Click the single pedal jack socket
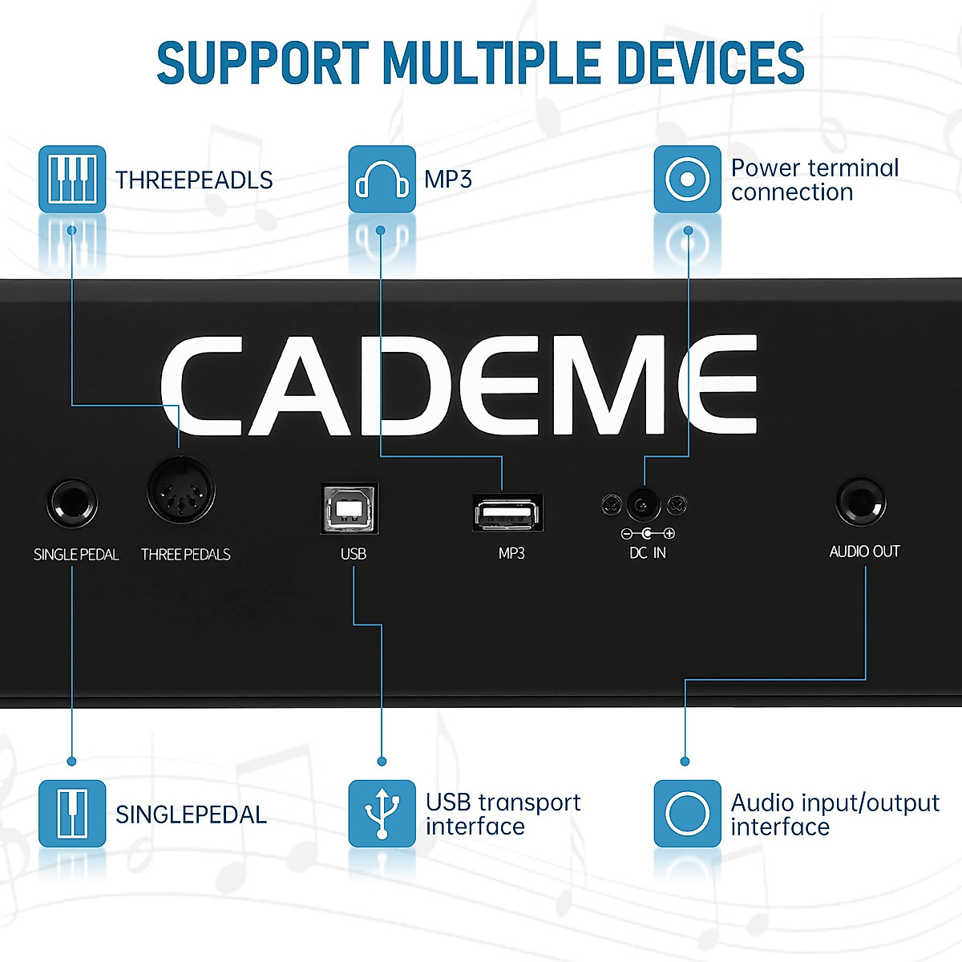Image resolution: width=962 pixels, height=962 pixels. pyautogui.click(x=72, y=503)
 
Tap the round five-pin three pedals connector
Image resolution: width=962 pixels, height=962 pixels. pyautogui.click(x=181, y=491)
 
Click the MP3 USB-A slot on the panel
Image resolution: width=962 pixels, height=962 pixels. pyautogui.click(x=508, y=512)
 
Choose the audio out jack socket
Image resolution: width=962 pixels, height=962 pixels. pyautogui.click(x=861, y=502)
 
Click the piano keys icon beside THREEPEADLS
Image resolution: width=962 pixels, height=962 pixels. pyautogui.click(x=72, y=179)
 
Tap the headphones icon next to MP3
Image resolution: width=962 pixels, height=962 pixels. pyautogui.click(x=382, y=179)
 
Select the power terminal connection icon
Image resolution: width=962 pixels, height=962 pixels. pyautogui.click(x=687, y=179)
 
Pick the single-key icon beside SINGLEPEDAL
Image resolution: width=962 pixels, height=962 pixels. pyautogui.click(x=72, y=814)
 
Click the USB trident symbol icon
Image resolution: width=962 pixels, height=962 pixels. pyautogui.click(x=382, y=814)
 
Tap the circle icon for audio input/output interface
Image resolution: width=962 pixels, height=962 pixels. pyautogui.click(x=687, y=814)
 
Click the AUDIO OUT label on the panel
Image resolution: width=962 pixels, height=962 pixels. pyautogui.click(x=864, y=552)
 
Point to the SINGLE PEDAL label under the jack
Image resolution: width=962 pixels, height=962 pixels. pyautogui.click(x=76, y=555)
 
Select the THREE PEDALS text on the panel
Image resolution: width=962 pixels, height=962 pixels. pyautogui.click(x=185, y=555)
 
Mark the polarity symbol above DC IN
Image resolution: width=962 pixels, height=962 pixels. pyautogui.click(x=648, y=533)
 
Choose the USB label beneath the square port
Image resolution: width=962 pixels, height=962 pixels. pyautogui.click(x=353, y=554)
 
